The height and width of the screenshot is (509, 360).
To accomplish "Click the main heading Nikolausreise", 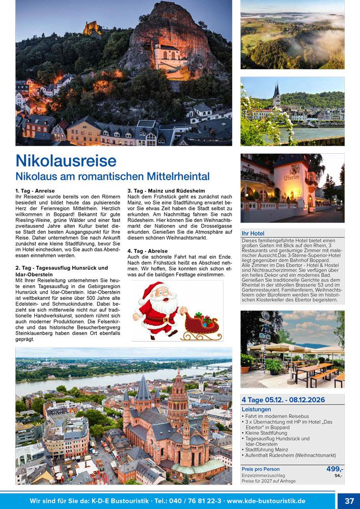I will [x=66, y=161].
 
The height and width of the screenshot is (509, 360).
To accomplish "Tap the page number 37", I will [x=349, y=501].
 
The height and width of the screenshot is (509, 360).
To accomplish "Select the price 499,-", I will [x=335, y=469].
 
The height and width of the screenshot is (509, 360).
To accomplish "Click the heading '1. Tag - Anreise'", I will [x=35, y=190].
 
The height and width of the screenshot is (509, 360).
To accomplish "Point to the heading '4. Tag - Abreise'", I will [x=147, y=251].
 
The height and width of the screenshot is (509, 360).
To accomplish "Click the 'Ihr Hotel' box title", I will [x=253, y=233].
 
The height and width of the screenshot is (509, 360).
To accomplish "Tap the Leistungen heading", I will [x=256, y=409].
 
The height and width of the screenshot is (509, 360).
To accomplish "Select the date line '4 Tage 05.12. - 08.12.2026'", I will [x=283, y=400].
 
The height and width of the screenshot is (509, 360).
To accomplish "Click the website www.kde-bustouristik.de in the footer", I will [x=266, y=501].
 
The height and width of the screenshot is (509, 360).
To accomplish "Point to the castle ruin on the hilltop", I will [x=92, y=27].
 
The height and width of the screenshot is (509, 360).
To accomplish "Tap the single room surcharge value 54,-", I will [x=338, y=475].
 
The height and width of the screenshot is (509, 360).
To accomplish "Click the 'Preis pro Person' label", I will [x=260, y=469].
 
